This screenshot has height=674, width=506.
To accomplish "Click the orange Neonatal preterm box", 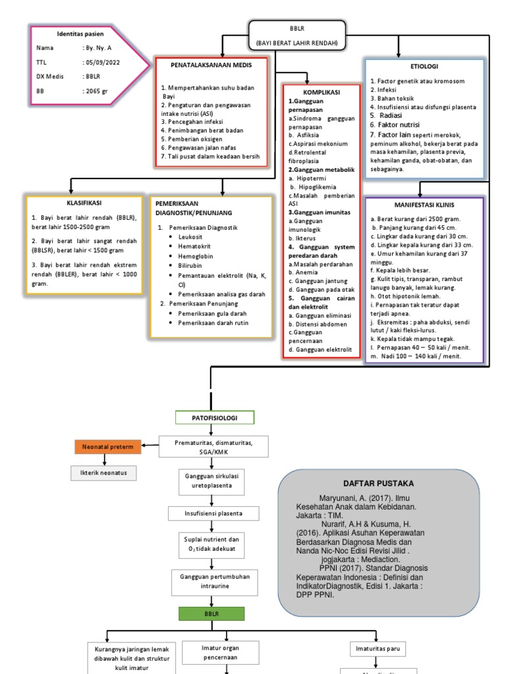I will coord(107,447).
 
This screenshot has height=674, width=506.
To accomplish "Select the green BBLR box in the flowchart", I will coord(211,613).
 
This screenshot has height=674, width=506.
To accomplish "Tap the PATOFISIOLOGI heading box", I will coord(214,418).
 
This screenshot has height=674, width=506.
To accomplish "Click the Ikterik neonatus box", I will coord(103,472).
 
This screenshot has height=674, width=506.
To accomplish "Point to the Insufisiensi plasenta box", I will coord(213,513).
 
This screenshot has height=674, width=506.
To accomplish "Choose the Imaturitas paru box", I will coord(378,649).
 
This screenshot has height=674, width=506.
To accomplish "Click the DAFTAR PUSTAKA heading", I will coord(369,483).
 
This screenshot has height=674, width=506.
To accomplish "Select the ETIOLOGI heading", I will coord(424,66).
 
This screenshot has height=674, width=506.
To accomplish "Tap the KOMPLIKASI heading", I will coord(321,93).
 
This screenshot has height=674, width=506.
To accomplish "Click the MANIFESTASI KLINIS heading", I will coord(424,205).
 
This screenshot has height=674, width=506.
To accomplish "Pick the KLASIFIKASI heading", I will coord(83,203).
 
